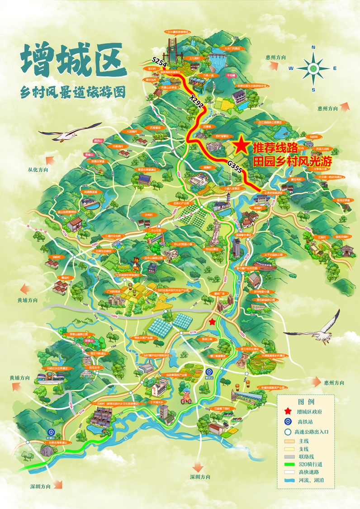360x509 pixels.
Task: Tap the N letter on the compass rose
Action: click(x=313, y=48)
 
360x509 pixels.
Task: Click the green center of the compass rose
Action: click(x=313, y=68)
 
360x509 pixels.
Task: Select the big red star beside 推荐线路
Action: click(x=242, y=145)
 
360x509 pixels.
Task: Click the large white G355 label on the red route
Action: click(x=236, y=166)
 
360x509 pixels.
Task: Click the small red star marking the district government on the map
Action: click(x=212, y=322)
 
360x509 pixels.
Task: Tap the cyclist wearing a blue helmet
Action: click(x=185, y=395)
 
